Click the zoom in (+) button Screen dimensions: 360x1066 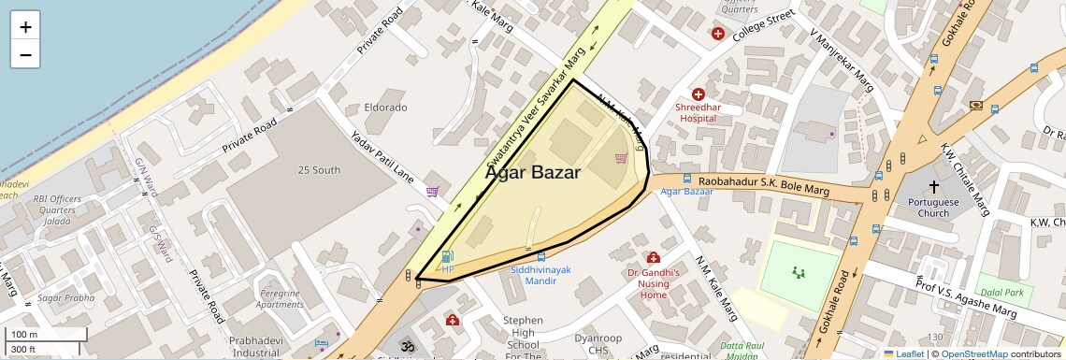[25, 26]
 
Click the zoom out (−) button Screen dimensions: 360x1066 [25, 54]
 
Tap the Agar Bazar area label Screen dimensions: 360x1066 [532, 173]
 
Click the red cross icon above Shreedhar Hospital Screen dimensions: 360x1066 [699, 94]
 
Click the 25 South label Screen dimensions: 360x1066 [319, 170]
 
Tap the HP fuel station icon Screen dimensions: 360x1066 [447, 257]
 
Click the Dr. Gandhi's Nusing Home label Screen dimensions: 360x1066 [653, 283]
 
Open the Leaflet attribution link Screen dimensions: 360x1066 [903, 353]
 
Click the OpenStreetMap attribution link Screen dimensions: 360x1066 [973, 353]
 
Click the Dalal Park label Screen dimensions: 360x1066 [1001, 293]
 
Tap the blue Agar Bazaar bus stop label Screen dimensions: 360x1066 [686, 192]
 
